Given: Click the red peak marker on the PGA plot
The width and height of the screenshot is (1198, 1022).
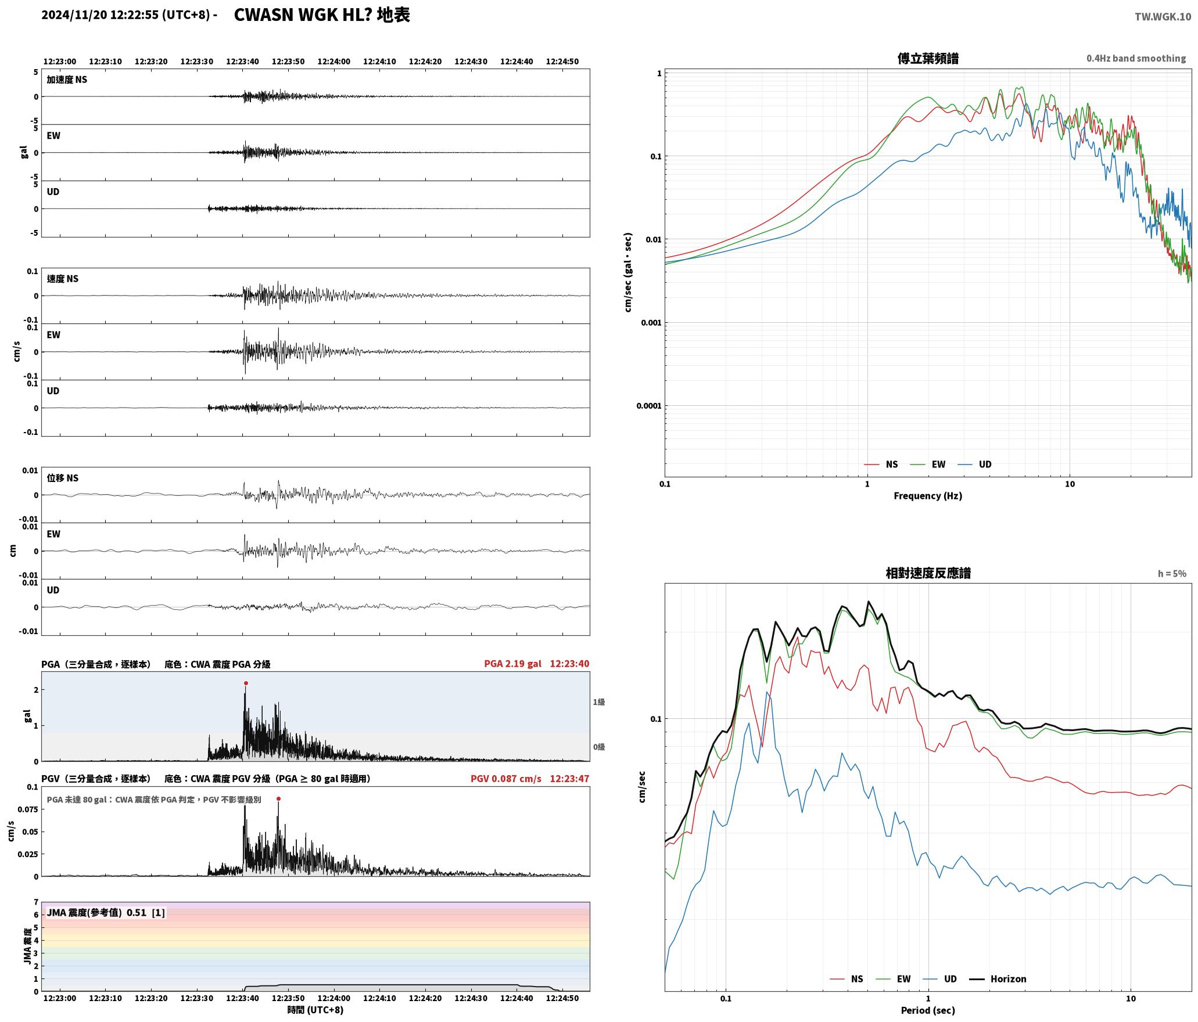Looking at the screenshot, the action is [x=246, y=683].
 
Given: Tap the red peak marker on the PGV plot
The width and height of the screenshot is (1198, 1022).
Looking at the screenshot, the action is [x=278, y=799].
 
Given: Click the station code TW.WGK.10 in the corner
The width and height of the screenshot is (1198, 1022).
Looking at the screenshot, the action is [x=1163, y=17].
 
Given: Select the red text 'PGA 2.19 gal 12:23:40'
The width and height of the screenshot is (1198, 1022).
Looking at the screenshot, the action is [x=536, y=664].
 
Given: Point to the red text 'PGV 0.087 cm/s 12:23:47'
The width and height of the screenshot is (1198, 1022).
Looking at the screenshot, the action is [x=530, y=779].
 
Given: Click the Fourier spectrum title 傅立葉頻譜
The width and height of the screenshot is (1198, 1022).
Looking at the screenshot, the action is [x=928, y=59].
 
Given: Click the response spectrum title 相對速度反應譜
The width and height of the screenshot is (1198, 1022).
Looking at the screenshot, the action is [x=928, y=573].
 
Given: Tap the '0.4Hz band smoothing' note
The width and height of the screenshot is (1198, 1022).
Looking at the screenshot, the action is [x=1136, y=59].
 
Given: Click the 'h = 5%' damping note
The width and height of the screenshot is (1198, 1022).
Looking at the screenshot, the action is [x=1172, y=574].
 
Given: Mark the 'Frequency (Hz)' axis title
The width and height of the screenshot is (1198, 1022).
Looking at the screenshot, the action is [x=928, y=496].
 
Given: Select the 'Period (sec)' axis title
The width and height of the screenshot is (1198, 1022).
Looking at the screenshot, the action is [x=928, y=1010].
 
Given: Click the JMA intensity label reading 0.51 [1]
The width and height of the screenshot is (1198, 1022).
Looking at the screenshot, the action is [x=106, y=913].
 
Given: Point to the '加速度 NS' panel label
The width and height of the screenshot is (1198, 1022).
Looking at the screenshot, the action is [x=67, y=80].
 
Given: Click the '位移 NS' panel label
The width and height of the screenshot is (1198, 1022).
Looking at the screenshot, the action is [x=62, y=478].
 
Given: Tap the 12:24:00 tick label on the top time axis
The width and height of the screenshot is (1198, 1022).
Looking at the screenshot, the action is [x=333, y=62].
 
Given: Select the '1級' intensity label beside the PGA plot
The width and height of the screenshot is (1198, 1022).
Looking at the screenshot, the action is [x=599, y=702].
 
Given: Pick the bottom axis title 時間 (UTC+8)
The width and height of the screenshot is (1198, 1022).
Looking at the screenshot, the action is [x=315, y=1010].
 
